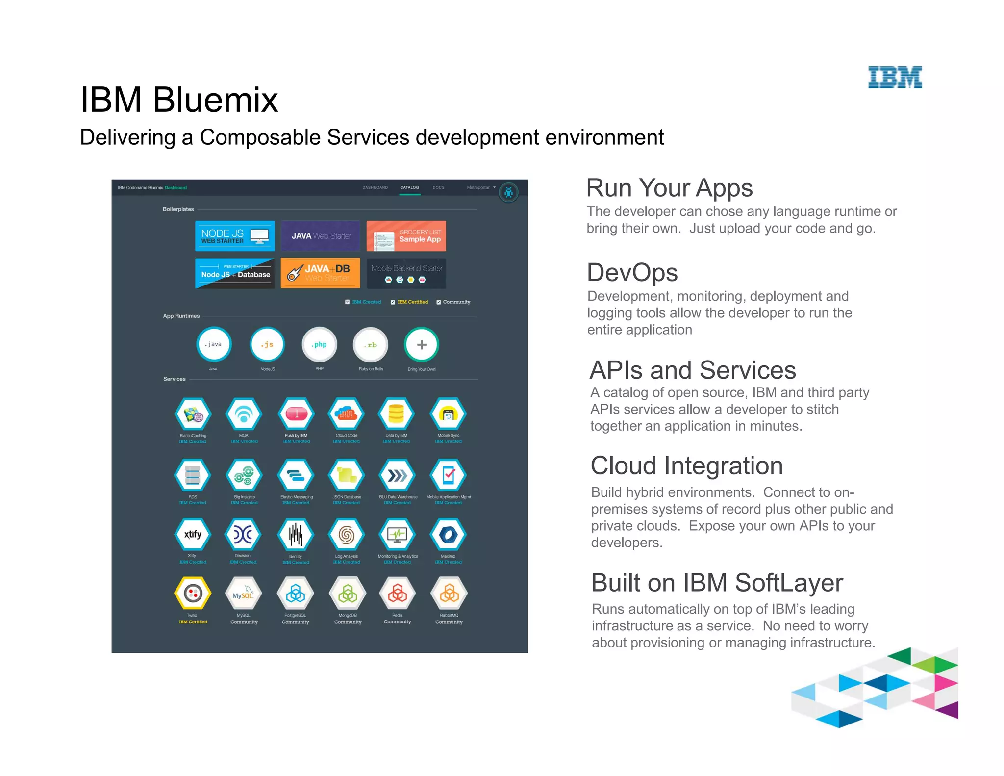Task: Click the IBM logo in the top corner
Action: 895,78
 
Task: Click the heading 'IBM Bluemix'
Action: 179,100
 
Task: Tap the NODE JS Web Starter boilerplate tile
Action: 235,236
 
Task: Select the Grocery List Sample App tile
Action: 406,236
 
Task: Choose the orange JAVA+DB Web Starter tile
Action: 320,273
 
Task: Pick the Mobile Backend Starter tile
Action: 406,273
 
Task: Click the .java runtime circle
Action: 214,344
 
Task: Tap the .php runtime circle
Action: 319,344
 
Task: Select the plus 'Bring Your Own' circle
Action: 422,344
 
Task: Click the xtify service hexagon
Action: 193,535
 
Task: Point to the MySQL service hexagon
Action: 244,595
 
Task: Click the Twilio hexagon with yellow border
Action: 193,594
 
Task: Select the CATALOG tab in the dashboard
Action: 409,187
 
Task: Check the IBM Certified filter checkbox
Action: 393,302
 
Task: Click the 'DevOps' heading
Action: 632,273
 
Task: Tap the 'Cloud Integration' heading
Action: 686,466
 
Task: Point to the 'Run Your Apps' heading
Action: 669,188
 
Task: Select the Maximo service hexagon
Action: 448,535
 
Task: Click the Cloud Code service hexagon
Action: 347,414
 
